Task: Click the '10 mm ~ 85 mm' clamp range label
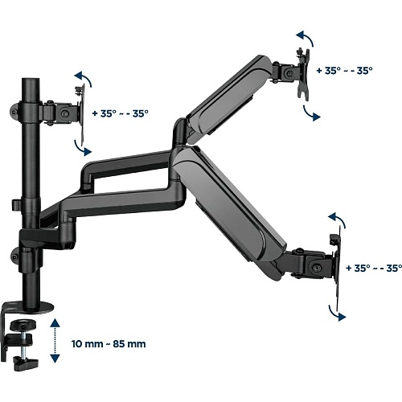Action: click(x=109, y=344)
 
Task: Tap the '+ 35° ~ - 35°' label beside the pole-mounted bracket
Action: click(x=120, y=113)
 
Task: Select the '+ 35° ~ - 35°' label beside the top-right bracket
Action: click(x=344, y=71)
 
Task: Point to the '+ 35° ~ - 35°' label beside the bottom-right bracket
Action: click(x=374, y=268)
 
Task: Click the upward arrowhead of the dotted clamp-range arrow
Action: click(x=55, y=323)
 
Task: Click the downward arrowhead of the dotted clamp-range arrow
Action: click(x=55, y=359)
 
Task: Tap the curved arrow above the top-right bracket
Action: click(x=306, y=37)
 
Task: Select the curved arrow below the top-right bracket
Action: click(x=311, y=113)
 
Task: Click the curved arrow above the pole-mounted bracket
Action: click(x=84, y=78)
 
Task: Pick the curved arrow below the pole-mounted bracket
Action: click(x=82, y=149)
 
